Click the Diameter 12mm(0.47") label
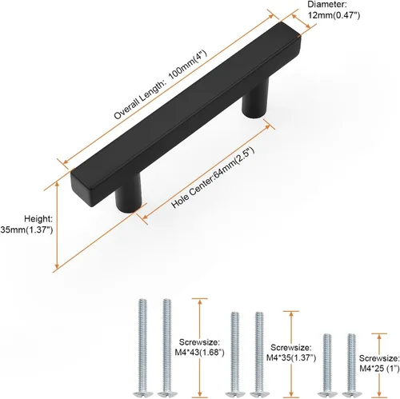tap(334, 10)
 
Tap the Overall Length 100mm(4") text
tap(160, 85)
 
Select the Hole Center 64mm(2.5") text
tap(213, 178)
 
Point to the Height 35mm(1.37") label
tap(27, 224)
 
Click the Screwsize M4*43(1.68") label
tap(199, 347)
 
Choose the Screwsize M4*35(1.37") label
tap(291, 353)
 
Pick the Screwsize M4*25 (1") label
tap(379, 363)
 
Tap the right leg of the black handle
tap(255, 98)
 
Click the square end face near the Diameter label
tap(290, 30)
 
